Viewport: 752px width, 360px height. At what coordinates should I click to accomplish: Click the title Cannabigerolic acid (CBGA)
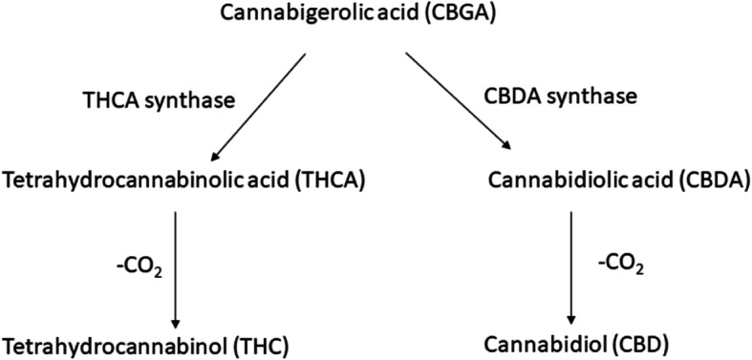pyautogui.click(x=376, y=16)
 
